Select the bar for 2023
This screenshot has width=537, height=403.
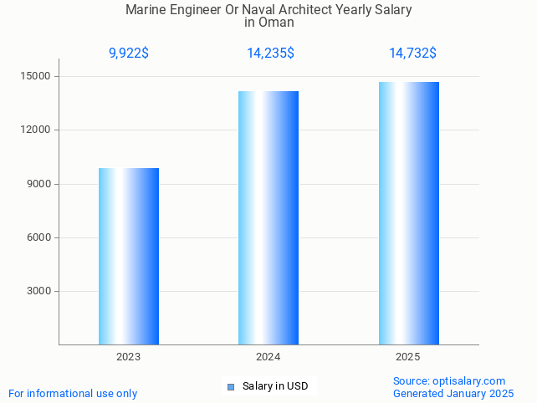click(129, 257)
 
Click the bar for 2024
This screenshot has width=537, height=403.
click(268, 217)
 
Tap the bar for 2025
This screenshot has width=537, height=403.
click(408, 213)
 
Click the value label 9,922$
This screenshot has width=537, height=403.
click(129, 54)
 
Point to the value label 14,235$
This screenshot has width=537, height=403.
click(269, 54)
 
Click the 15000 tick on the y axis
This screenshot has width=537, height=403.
click(36, 76)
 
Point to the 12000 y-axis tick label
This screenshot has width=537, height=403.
click(36, 130)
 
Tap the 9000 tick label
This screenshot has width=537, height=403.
click(39, 184)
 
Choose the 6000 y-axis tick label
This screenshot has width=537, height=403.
click(39, 237)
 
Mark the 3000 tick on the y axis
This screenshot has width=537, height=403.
click(39, 291)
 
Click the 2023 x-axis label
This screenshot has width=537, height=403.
click(129, 357)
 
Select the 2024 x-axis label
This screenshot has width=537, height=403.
click(268, 357)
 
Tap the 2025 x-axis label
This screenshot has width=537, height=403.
click(408, 357)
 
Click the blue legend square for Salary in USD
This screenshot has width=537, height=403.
click(231, 386)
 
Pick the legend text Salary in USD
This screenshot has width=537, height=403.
click(275, 386)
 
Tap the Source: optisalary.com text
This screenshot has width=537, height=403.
click(449, 380)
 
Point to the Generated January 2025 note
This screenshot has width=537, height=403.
click(453, 393)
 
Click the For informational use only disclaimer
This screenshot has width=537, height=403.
click(73, 393)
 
